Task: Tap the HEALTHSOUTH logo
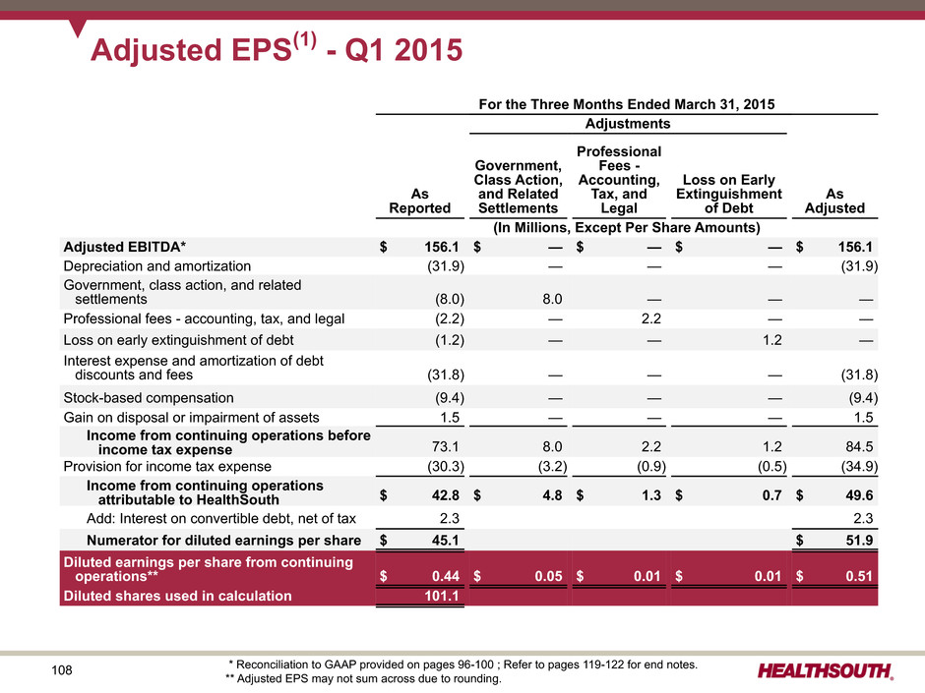coord(826,671)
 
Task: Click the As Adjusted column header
coord(833,200)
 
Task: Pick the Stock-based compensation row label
coord(149,398)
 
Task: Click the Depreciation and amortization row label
coord(157,265)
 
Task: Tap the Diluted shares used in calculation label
coord(178,596)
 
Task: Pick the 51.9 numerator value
coord(860,539)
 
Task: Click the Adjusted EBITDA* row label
coord(109,246)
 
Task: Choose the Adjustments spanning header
coord(628,124)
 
